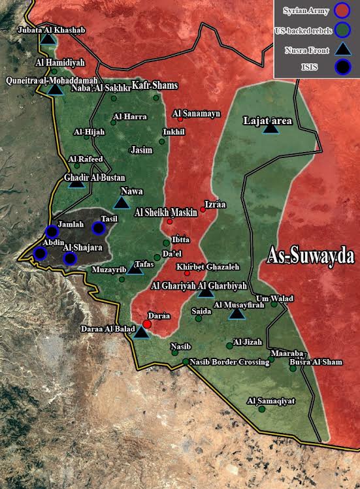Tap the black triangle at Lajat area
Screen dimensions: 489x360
coord(270,129)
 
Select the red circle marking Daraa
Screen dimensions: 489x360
coord(148,324)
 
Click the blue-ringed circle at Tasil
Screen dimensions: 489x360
coord(98,228)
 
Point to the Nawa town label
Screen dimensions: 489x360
coord(131,191)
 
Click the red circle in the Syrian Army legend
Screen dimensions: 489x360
coord(341,10)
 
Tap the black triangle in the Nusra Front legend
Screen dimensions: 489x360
coord(341,48)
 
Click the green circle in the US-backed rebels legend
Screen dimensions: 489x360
coord(341,29)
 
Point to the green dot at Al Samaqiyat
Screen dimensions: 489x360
coord(262,409)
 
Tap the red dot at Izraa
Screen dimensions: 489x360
coord(203,210)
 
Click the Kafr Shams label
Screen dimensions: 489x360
coord(155,86)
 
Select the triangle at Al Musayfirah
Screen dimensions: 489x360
coord(237,315)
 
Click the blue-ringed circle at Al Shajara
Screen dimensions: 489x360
coord(70,258)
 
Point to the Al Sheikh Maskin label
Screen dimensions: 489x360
coord(166,212)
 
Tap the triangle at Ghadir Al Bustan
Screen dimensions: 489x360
coord(76,183)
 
